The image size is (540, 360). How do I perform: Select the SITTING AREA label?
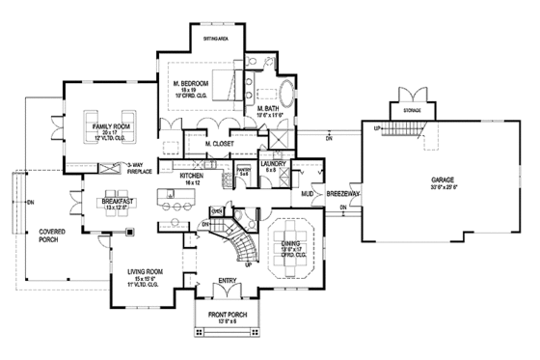(212, 39)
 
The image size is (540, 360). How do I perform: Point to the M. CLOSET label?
(220, 145)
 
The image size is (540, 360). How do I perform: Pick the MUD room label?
(308, 193)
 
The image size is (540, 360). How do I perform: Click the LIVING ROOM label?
(144, 272)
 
